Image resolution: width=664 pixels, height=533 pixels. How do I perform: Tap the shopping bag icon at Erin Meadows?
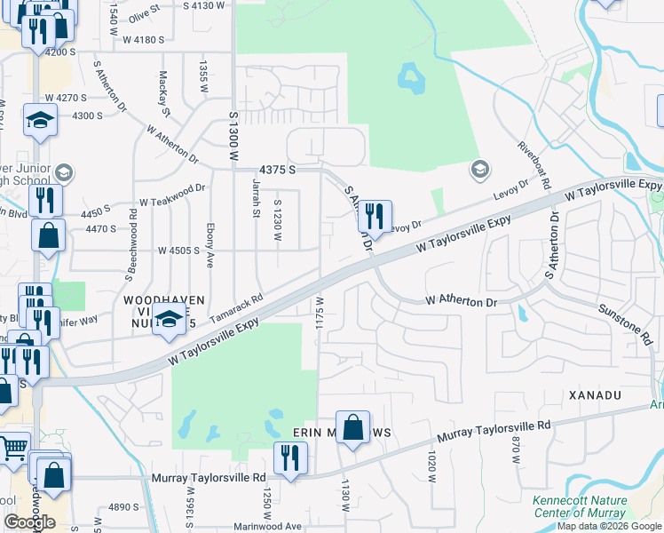(353, 428)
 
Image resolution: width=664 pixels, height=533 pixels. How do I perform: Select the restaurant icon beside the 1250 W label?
(289, 457)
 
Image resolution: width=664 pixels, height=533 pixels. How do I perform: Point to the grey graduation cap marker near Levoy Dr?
(479, 169)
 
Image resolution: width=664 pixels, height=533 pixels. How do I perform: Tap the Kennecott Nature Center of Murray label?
(580, 506)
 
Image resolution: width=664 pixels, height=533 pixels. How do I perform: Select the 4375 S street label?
(276, 170)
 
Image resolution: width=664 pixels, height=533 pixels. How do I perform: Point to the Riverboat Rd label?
(535, 167)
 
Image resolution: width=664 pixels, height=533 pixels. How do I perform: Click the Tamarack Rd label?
(237, 308)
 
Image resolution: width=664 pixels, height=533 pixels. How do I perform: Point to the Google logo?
(29, 521)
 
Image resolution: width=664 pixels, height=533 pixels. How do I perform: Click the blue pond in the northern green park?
(410, 78)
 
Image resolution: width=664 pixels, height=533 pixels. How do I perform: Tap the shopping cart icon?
(12, 451)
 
